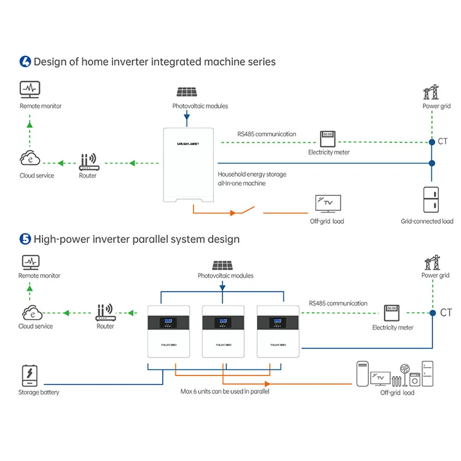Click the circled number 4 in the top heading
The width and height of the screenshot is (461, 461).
[25, 61]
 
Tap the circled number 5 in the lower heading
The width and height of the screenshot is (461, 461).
[25, 238]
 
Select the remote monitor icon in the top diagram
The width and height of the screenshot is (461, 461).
[30, 90]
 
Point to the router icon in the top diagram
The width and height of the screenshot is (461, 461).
[88, 162]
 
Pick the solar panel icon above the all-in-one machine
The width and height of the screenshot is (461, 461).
[187, 92]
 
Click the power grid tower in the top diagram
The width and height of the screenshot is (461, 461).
[431, 92]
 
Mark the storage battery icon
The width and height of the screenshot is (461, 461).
[30, 375]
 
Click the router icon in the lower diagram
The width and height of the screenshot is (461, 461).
[105, 313]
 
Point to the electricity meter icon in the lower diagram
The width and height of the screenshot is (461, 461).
[393, 313]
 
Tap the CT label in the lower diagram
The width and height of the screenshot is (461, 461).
[446, 313]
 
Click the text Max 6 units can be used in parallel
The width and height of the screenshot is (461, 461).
[224, 392]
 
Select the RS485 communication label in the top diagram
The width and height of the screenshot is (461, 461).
[267, 134]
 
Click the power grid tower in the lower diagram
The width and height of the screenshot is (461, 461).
[431, 262]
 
